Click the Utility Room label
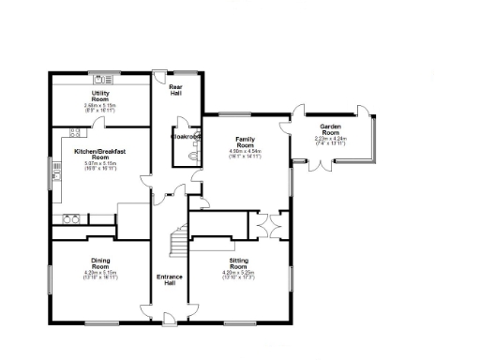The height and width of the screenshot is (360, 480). pyautogui.click(x=100, y=97)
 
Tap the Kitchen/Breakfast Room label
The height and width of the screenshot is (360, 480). pyautogui.click(x=100, y=153)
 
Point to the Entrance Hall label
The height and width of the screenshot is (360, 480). pyautogui.click(x=171, y=279)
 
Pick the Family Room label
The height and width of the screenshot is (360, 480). pyautogui.click(x=245, y=142)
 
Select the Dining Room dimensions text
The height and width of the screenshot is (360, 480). pyautogui.click(x=100, y=276)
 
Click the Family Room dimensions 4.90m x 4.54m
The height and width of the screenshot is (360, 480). pyautogui.click(x=245, y=155)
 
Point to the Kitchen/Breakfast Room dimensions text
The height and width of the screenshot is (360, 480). pyautogui.click(x=100, y=166)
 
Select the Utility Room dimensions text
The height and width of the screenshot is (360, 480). pyautogui.click(x=100, y=108)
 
